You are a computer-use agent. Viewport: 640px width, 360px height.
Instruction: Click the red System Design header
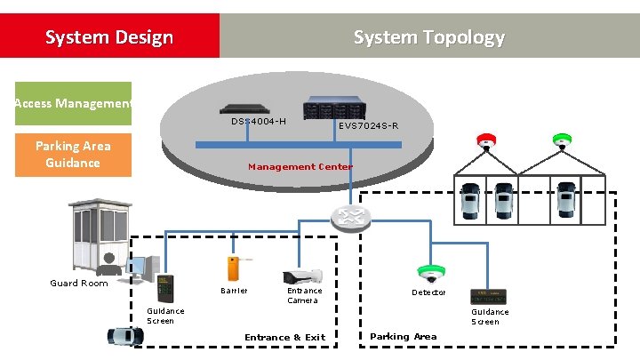coord(109,36)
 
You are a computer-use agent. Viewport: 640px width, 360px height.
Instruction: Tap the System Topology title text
coord(428,36)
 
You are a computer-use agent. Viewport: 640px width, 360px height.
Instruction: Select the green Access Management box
coord(73,104)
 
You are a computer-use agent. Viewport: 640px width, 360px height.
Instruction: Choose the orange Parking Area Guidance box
coord(73,155)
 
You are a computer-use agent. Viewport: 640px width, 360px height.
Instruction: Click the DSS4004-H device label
coord(259,121)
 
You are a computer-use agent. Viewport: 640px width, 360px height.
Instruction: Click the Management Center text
coord(300,166)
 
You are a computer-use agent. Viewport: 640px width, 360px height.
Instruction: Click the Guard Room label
coord(79,284)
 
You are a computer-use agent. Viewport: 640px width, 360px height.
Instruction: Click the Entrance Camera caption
coord(304,295)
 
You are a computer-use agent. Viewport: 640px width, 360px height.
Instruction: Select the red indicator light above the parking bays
coord(486,140)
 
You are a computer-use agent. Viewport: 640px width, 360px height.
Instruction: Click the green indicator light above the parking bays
coord(562,140)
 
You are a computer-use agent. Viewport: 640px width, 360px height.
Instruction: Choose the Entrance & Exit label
coord(284,337)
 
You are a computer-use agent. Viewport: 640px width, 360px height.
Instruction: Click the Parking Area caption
coord(403,336)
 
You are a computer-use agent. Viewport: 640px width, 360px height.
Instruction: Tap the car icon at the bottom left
coord(125,337)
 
